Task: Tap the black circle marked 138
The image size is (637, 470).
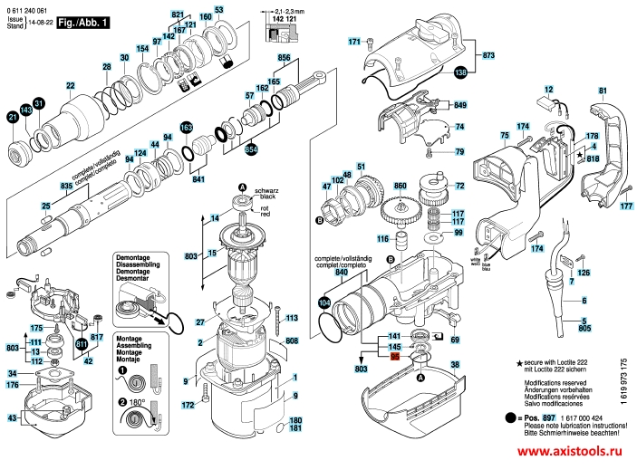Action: coord(460,72)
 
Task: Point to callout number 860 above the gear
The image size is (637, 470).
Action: coord(401,185)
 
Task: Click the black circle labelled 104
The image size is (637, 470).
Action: coord(324,302)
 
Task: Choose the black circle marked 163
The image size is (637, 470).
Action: coord(187,128)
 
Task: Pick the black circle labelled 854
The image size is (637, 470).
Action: coord(251,148)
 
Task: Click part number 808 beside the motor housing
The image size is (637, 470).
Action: coord(291,341)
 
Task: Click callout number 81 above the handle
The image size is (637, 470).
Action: coord(602,91)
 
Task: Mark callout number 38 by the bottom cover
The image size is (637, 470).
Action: coord(455,364)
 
